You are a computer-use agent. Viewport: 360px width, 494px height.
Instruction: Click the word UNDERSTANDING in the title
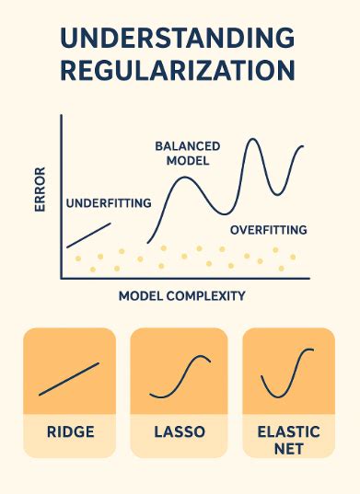coord(178,39)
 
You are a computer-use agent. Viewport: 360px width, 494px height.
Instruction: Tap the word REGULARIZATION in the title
coord(178,71)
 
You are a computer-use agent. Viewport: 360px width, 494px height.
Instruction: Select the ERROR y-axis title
coord(41,189)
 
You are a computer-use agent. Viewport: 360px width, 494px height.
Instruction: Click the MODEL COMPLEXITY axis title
coord(181,296)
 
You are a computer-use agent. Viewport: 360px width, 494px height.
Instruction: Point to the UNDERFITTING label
coord(108,203)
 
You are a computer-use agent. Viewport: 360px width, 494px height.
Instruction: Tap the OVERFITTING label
coord(268,229)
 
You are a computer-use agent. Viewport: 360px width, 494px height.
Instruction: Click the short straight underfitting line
coord(89,235)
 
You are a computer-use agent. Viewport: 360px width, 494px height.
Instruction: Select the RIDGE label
coord(70,431)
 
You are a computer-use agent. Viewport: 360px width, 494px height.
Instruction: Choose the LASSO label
coord(180,431)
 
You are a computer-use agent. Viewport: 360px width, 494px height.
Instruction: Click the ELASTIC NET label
coord(289,440)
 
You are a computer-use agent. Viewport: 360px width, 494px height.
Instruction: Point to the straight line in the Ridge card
coord(69,379)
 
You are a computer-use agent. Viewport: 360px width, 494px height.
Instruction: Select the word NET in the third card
coord(289,449)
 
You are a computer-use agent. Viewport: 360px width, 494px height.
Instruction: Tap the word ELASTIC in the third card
coord(289,431)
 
